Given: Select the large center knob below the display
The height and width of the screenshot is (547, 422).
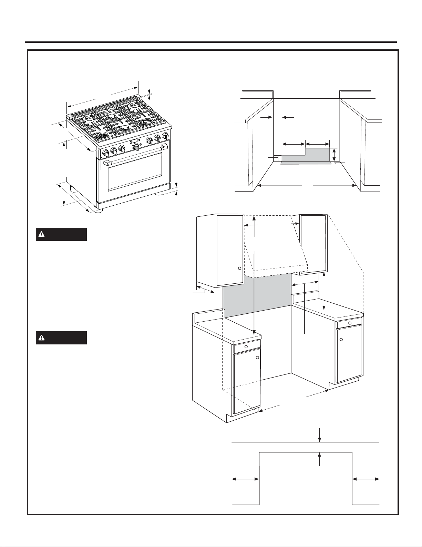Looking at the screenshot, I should point(136,147).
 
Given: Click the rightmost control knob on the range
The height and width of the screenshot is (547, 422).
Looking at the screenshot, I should point(165,137).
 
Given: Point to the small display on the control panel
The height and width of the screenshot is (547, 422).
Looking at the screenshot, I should point(135,141).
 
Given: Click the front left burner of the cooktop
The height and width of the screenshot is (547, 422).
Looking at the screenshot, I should point(101,137).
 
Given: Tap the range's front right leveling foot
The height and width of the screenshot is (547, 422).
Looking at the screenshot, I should point(159,194).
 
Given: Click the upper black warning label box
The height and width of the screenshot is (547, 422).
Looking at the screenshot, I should point(61,234).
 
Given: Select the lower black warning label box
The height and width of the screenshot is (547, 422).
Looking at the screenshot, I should point(61,338).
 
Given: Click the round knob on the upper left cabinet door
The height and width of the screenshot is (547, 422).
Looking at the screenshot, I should point(239,268).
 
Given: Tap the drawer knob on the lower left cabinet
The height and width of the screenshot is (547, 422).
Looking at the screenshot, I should point(246,346).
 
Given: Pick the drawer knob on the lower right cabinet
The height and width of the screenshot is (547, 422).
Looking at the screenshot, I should point(350,323).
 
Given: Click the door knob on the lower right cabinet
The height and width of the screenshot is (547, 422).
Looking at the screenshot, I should point(341,340).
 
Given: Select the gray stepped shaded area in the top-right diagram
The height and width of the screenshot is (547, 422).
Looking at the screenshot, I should point(307,156).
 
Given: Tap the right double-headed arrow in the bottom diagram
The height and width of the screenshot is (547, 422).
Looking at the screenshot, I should point(366,479).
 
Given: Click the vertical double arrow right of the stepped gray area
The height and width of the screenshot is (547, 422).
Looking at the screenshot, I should point(334,154).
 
